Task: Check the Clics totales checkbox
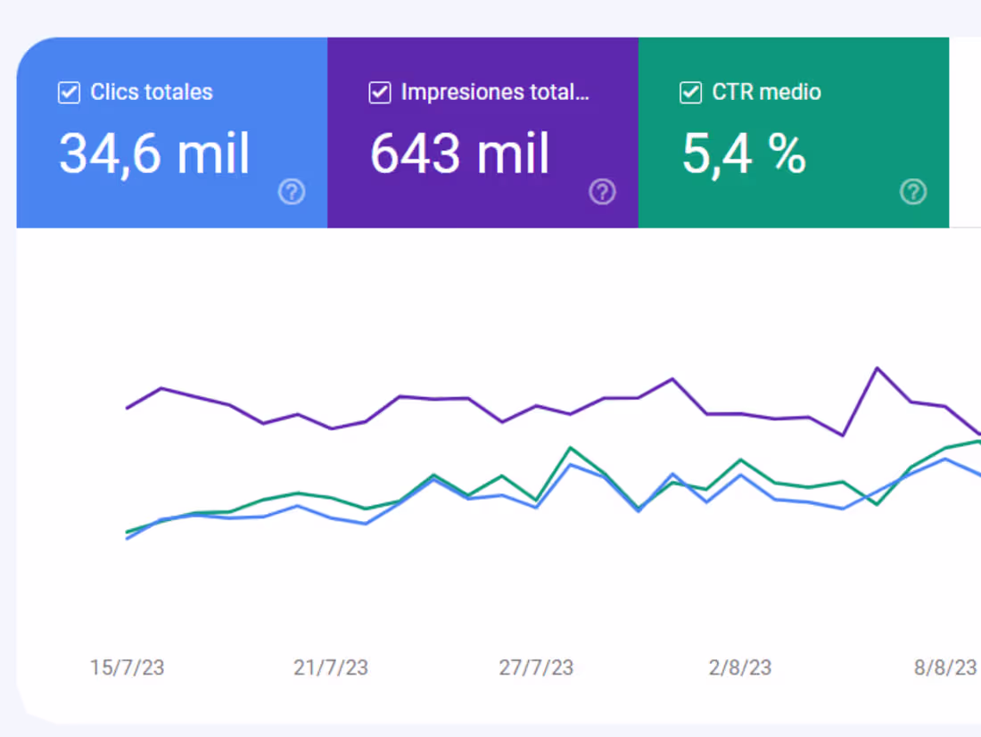click(69, 93)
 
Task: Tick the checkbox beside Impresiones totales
click(380, 93)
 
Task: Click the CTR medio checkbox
click(690, 93)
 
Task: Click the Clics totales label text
click(152, 92)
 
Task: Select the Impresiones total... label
click(495, 92)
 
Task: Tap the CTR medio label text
click(766, 92)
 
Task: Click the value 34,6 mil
click(154, 153)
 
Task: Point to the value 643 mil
click(460, 153)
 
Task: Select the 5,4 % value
click(744, 153)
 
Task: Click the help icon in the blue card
click(292, 192)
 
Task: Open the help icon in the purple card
click(602, 192)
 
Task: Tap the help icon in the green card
click(913, 192)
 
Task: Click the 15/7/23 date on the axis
click(127, 667)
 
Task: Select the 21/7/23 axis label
click(331, 667)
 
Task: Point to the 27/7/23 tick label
click(536, 667)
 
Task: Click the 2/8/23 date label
click(740, 667)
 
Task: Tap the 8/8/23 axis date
click(945, 667)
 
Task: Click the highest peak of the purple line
click(878, 368)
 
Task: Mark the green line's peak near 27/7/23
click(570, 448)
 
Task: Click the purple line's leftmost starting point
click(127, 408)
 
